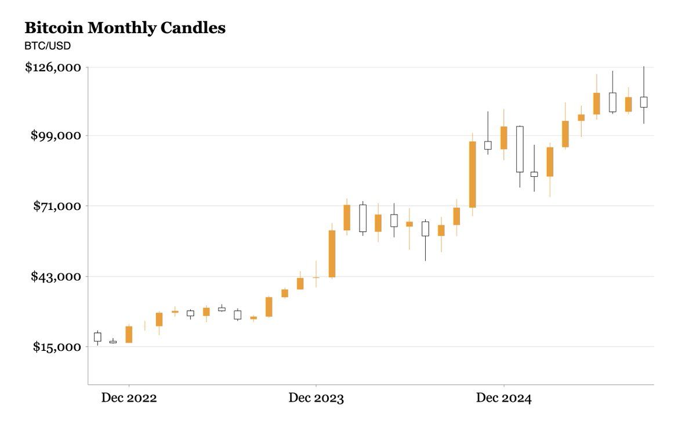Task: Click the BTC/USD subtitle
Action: point(47,46)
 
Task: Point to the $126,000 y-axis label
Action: point(53,67)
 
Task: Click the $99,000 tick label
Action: point(56,136)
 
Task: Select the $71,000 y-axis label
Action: point(56,206)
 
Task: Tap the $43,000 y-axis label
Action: point(56,276)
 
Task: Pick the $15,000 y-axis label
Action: point(56,347)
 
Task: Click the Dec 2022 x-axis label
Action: point(129,398)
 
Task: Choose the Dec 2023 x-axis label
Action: point(316,398)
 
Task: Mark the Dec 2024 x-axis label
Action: point(503,398)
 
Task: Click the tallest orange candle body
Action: point(473,174)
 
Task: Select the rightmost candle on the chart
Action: point(644,102)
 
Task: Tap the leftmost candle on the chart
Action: point(97,337)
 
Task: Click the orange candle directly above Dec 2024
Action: point(504,138)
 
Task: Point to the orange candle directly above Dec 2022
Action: point(129,335)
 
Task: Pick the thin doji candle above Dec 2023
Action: point(316,277)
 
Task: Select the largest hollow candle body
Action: point(520,149)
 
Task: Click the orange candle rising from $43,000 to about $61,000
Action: point(332,253)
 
